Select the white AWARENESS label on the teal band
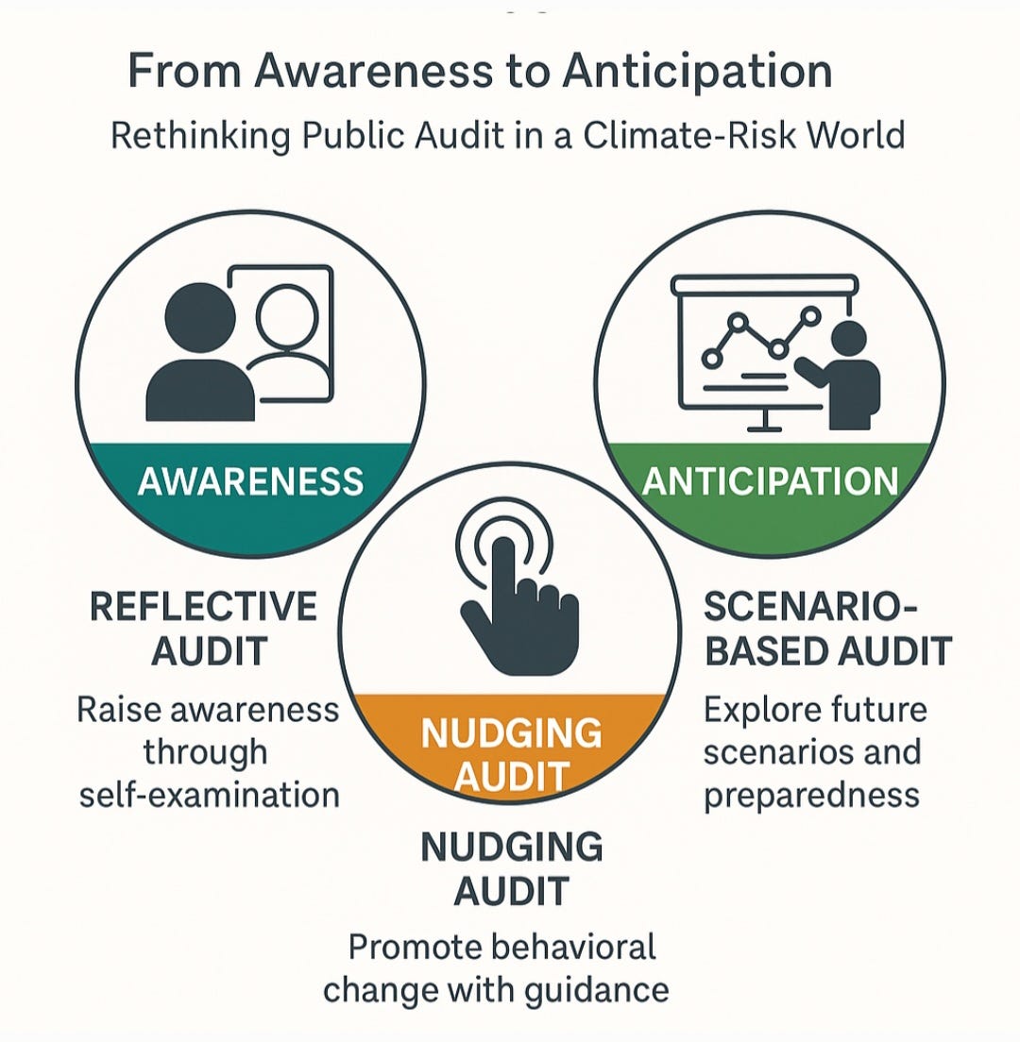coord(250,481)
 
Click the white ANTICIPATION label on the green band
coord(770,481)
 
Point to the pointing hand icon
coord(515,604)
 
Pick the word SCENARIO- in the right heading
coord(811,608)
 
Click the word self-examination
coord(209,795)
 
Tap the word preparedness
coord(811,795)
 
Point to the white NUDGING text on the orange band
coord(511,733)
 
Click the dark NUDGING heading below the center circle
coord(511,847)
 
